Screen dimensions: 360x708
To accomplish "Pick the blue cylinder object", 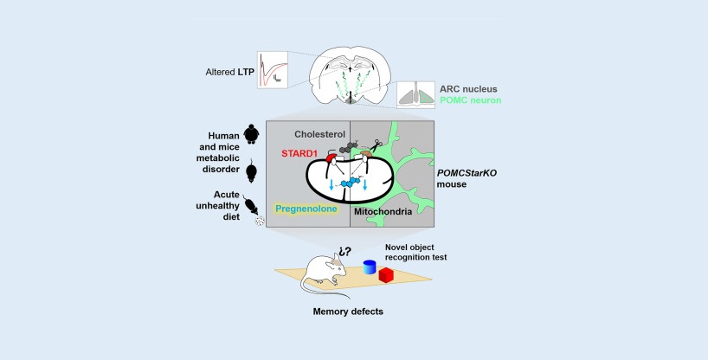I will [x=370, y=269].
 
